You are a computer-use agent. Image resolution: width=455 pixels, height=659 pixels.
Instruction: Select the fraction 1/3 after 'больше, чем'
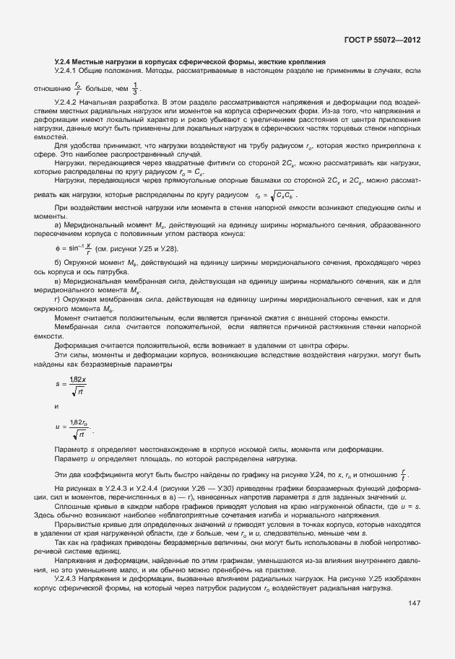134,89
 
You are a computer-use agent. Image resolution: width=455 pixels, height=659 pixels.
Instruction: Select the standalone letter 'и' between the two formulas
57,406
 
